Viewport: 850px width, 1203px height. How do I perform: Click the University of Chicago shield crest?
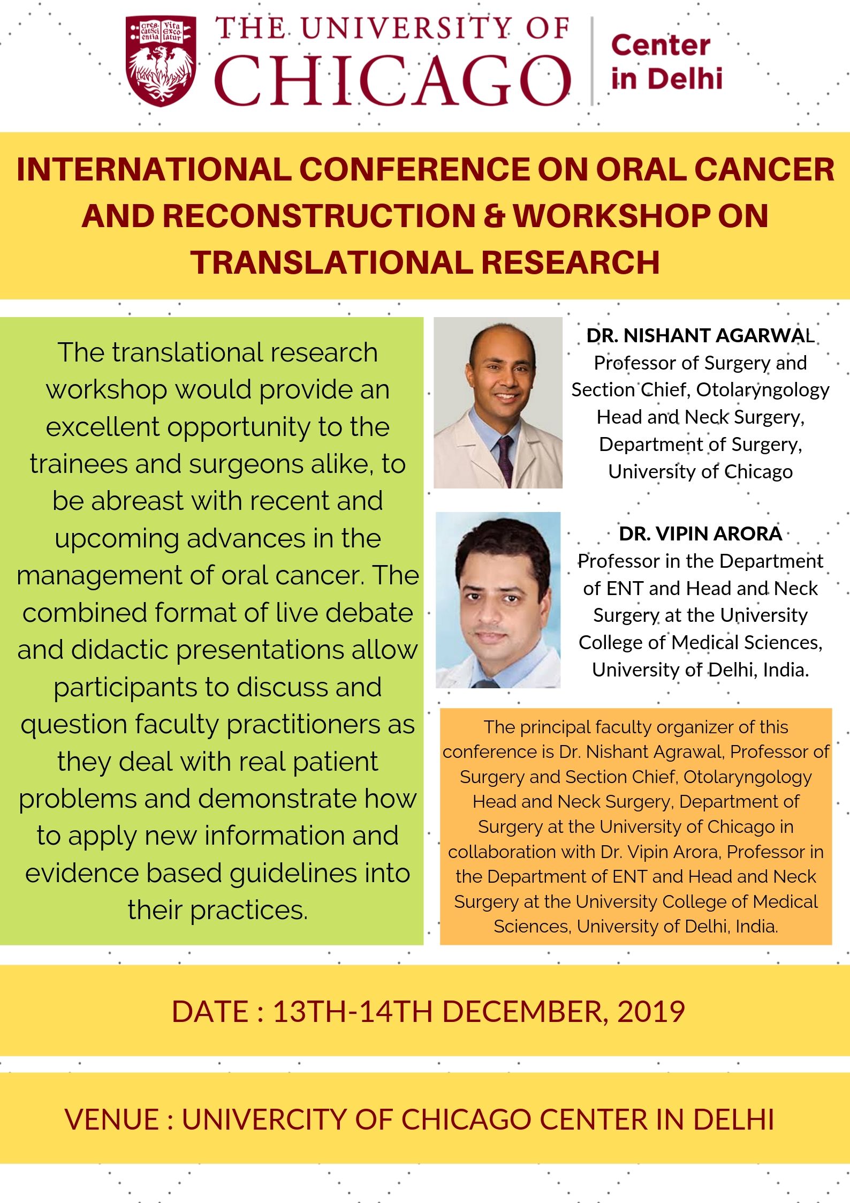point(161,60)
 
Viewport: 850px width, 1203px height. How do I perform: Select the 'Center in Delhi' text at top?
point(666,62)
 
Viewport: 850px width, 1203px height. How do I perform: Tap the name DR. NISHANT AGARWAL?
point(701,335)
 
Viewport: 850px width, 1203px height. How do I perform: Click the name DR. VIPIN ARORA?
point(701,533)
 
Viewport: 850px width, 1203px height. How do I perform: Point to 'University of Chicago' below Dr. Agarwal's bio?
point(701,472)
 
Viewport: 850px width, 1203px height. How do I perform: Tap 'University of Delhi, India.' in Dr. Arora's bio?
point(701,670)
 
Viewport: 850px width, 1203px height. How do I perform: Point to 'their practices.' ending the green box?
point(218,910)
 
